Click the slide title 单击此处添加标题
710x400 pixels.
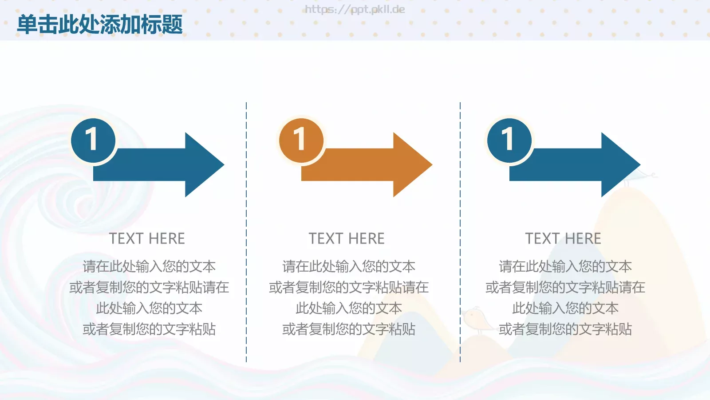pos(100,24)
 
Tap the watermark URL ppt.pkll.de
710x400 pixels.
pos(355,9)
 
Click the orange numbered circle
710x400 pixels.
pos(301,140)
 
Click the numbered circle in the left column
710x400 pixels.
pos(93,140)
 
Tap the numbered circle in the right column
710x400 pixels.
pos(509,140)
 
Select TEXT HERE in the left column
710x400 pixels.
pos(147,239)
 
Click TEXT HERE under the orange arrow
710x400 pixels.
pos(347,239)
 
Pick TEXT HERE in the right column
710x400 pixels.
pos(563,239)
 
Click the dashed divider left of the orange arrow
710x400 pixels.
pos(246,231)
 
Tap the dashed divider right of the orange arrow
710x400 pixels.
pos(460,231)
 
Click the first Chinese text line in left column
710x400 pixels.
pos(149,266)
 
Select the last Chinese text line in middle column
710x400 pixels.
pos(349,329)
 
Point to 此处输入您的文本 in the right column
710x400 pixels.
pos(565,308)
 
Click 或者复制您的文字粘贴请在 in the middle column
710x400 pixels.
pos(349,287)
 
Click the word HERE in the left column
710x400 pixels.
pos(166,239)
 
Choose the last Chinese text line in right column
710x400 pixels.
pos(565,329)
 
